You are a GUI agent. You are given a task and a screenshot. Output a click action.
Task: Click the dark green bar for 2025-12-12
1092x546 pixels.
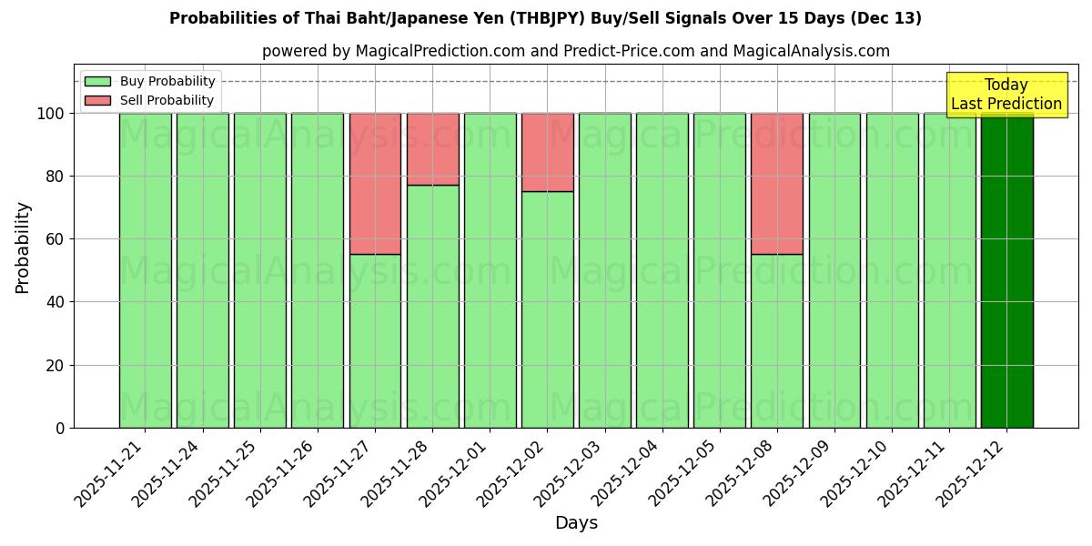pos(1006,270)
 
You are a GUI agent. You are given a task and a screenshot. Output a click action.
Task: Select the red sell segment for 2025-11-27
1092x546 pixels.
pos(375,184)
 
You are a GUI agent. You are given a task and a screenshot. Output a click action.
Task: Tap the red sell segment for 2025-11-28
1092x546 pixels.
pos(432,149)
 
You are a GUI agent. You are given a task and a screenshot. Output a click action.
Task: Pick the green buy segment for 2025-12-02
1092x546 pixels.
pos(547,309)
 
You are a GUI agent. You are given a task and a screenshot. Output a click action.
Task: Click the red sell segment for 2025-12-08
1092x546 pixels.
pos(777,184)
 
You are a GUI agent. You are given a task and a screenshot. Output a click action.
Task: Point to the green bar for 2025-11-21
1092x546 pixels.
pos(145,270)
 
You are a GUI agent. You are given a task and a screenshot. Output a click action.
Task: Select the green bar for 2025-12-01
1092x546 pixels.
pos(490,270)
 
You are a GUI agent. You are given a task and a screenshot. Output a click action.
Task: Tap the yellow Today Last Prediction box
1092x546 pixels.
pos(1006,95)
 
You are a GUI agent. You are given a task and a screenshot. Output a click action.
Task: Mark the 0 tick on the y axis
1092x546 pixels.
pos(60,428)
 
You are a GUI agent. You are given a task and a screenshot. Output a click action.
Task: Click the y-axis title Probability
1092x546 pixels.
pos(23,247)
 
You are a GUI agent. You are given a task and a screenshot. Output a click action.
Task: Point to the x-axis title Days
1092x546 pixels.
pos(576,523)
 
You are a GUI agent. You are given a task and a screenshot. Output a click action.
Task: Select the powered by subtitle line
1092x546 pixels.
pos(575,51)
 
